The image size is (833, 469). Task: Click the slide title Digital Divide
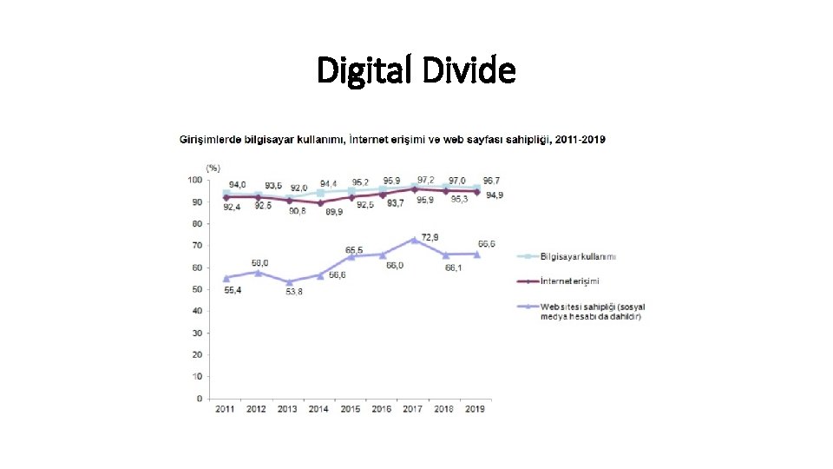[416, 69]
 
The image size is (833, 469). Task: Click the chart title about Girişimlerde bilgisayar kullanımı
[392, 139]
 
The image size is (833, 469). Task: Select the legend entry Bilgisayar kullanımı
[578, 256]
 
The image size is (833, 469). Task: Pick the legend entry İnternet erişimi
[569, 281]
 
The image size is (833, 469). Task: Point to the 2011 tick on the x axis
[226, 409]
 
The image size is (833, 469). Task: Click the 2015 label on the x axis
[351, 409]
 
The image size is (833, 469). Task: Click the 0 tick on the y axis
[199, 399]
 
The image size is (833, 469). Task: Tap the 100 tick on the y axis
[193, 180]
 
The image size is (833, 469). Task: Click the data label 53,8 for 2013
[294, 291]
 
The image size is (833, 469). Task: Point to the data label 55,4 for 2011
[233, 289]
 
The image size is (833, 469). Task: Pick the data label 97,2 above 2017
[426, 179]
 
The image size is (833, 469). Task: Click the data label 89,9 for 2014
[332, 211]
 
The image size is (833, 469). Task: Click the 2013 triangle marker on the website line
[289, 281]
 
